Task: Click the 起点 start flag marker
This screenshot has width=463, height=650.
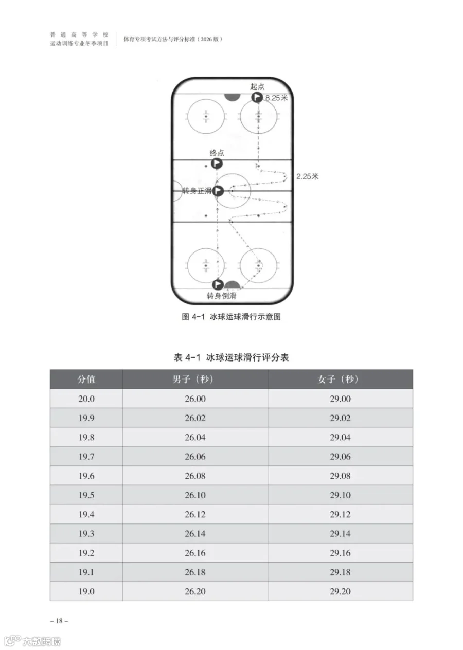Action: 257,97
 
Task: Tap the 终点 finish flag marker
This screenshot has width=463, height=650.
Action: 217,164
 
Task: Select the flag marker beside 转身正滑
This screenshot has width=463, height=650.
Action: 218,191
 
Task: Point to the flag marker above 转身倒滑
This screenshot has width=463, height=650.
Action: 218,285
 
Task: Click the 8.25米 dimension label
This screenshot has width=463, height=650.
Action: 276,98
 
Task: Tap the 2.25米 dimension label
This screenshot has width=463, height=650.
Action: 308,176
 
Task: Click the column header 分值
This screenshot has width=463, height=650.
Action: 86,380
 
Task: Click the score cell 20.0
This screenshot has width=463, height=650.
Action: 86,399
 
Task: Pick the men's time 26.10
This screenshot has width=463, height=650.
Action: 195,495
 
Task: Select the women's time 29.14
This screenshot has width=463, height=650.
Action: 340,534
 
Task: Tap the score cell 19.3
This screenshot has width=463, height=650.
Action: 86,534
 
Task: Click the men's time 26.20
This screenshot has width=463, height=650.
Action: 195,591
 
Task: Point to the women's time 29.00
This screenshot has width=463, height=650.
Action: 340,399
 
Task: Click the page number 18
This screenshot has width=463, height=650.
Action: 59,621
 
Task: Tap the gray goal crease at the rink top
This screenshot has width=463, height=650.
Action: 233,98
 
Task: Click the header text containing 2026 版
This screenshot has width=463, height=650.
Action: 173,39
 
